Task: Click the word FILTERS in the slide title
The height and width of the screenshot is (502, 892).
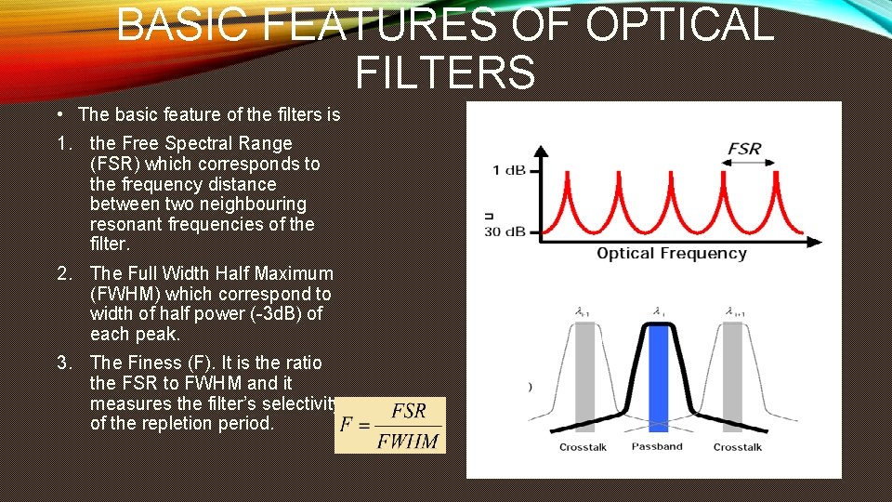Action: coord(445,73)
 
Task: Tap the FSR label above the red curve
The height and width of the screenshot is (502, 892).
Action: coord(744,149)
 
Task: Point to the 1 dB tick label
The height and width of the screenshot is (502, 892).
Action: coord(508,170)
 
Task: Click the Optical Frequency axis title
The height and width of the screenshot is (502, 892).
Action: coord(671,254)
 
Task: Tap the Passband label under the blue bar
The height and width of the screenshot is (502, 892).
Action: coord(657,447)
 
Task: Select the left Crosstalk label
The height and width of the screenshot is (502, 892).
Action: coord(583,448)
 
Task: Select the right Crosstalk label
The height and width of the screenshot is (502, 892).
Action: coord(738,448)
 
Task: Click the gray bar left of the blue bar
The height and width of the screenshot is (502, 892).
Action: coord(584,376)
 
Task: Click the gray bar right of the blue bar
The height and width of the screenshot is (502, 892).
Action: coord(733,376)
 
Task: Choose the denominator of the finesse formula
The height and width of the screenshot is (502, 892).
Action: coord(408,441)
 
